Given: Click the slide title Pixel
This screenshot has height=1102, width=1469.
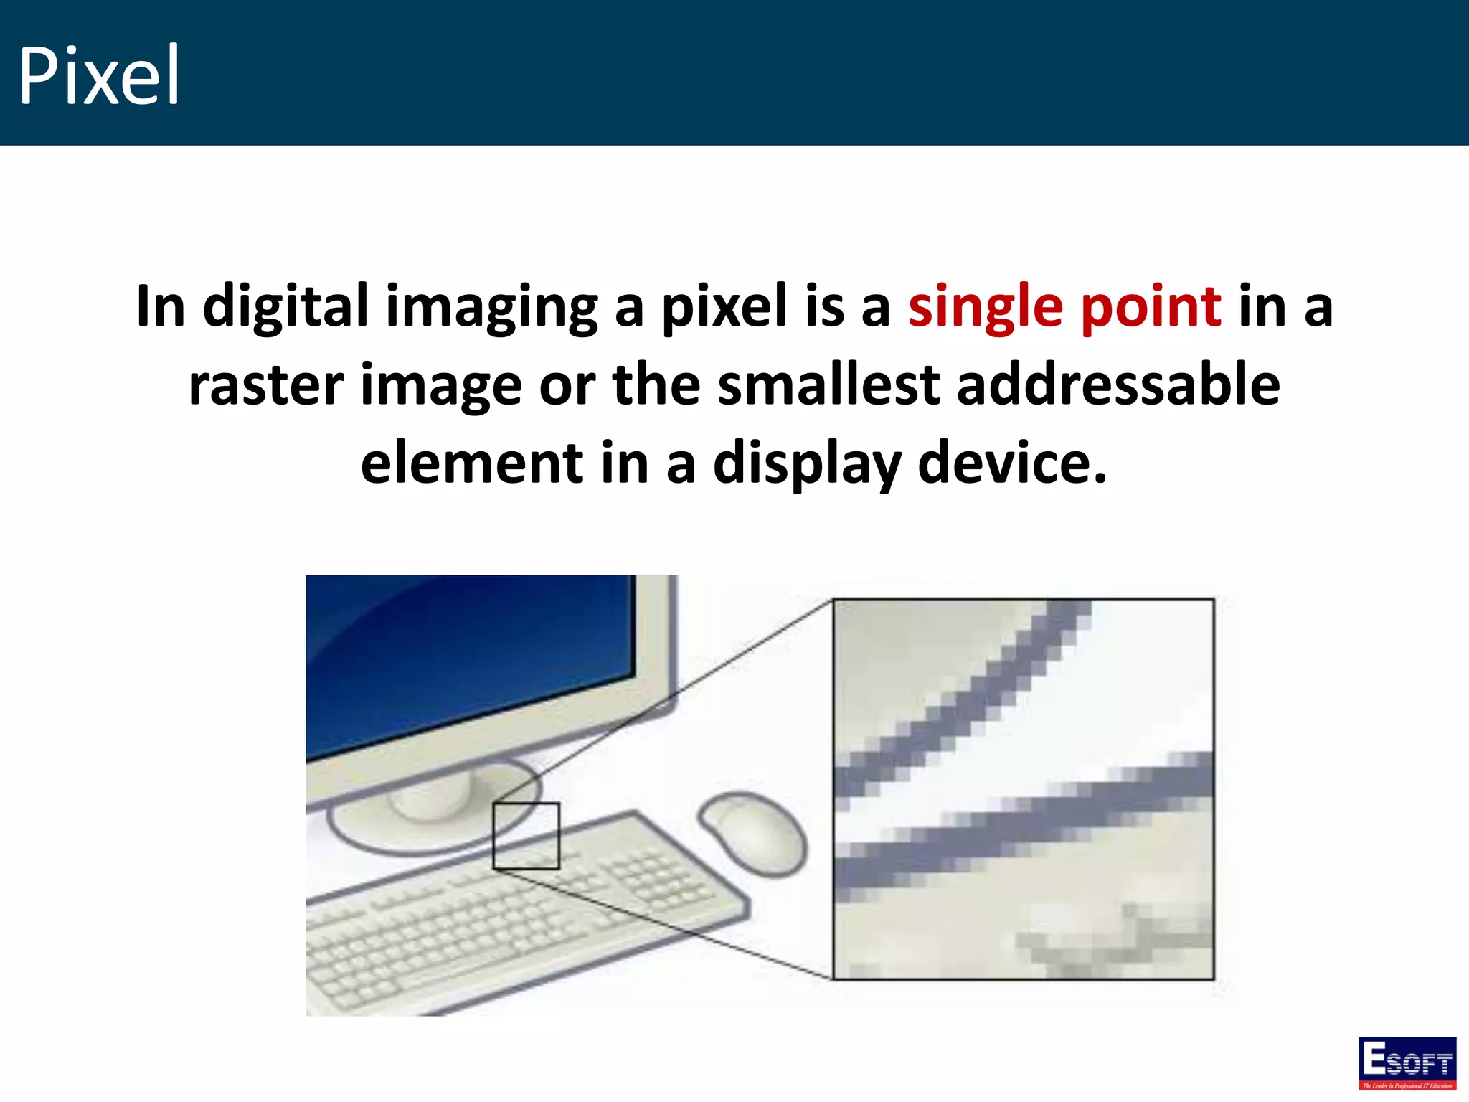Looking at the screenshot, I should click(99, 75).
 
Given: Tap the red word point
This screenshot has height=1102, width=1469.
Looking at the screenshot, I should click(1151, 307).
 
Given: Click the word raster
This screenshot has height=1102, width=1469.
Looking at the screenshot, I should click(265, 385).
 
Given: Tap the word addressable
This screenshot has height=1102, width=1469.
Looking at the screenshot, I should click(1118, 385).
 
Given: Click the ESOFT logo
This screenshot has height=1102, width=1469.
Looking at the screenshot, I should click(1407, 1063).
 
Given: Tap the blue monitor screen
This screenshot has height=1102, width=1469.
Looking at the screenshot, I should click(466, 660).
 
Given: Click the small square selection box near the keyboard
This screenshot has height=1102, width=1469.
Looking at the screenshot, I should click(526, 836).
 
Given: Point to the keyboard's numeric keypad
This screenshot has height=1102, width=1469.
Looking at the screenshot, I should click(653, 879).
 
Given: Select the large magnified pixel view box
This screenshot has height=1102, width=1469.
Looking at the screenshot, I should click(1023, 788).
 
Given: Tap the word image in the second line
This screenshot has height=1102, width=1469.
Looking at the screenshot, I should click(440, 387).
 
